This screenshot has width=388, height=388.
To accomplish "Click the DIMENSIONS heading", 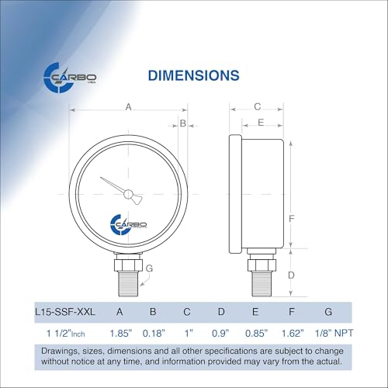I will (x=193, y=75).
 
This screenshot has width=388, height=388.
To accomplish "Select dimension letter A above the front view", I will (x=129, y=108).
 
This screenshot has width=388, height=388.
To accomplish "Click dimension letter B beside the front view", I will (x=183, y=123).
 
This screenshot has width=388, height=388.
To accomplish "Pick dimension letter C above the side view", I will (x=257, y=107).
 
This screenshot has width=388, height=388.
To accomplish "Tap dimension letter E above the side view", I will (x=261, y=123).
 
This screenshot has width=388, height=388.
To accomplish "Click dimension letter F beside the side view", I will (x=290, y=218).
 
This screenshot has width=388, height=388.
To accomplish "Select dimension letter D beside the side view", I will (x=290, y=275).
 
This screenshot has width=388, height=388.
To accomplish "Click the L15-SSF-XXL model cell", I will (x=66, y=312).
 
